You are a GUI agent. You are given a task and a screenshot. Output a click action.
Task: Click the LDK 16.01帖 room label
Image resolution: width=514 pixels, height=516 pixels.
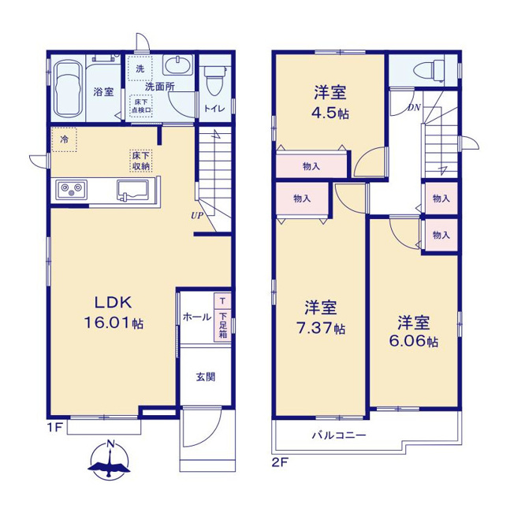(x=114, y=312)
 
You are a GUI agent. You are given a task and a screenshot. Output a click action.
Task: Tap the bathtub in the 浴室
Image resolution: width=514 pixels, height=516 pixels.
(x=68, y=88)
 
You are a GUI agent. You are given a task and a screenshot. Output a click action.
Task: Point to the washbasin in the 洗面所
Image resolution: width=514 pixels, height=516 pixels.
(x=177, y=65)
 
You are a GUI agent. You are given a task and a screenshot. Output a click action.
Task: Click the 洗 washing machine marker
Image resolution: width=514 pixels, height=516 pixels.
(x=140, y=69)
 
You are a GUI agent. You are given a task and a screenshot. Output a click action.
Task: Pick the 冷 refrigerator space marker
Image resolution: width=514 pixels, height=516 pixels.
(x=64, y=139)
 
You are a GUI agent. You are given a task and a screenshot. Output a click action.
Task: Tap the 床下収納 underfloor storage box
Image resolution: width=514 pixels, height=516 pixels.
(x=141, y=161)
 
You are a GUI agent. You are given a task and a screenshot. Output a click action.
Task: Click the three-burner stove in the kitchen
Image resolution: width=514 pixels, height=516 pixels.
(x=72, y=190)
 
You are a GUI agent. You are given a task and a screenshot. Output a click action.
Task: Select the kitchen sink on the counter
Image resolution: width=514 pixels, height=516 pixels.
(x=133, y=190)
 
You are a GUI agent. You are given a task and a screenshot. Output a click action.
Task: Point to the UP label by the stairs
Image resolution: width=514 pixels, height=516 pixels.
(x=197, y=216)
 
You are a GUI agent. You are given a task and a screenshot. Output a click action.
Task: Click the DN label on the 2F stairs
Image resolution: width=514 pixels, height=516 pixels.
(x=414, y=107)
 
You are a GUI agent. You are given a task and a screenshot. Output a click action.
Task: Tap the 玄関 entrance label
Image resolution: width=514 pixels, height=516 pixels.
(x=206, y=377)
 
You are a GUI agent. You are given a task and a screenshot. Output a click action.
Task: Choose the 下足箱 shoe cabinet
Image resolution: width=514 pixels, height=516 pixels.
(x=223, y=325)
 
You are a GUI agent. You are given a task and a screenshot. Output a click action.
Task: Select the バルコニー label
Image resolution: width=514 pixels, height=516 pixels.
(x=339, y=436)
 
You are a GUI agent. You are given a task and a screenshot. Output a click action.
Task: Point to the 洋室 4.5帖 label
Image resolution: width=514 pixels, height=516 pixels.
(x=330, y=102)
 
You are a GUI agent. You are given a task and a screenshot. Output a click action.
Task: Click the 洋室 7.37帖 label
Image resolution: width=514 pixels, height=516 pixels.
(x=320, y=318)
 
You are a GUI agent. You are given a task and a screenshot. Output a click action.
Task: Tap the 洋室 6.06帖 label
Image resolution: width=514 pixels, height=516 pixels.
(x=414, y=332)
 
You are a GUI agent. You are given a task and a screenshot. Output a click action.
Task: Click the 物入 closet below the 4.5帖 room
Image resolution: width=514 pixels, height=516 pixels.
(x=311, y=166)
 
